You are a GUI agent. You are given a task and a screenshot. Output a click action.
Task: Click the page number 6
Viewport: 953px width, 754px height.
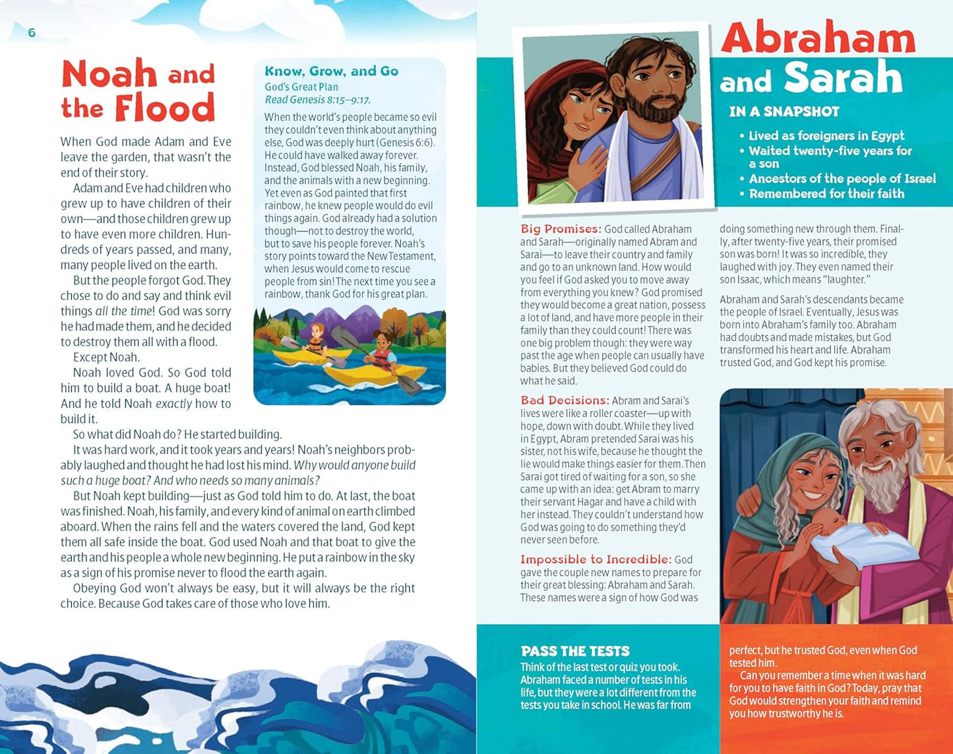(32, 33)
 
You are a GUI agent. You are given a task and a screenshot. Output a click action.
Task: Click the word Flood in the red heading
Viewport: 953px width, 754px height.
(164, 108)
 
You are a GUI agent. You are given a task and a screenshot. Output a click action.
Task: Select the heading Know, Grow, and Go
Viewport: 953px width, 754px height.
(331, 71)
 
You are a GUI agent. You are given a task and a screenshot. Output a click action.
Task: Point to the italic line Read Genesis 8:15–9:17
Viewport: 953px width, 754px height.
(317, 100)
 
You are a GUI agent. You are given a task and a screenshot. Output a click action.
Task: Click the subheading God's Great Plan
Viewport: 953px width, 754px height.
(301, 86)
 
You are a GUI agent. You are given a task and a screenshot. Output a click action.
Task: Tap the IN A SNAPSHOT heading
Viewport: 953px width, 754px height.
(784, 111)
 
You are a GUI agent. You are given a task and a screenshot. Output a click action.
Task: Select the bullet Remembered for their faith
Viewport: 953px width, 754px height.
(826, 194)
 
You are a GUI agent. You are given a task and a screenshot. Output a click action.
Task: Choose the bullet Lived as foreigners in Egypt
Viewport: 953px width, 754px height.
(826, 136)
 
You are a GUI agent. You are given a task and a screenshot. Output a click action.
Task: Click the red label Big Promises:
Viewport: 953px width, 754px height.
(561, 229)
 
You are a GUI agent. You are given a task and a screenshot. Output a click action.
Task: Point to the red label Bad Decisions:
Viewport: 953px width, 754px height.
(565, 400)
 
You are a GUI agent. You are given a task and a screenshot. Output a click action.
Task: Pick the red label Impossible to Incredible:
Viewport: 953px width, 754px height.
(596, 559)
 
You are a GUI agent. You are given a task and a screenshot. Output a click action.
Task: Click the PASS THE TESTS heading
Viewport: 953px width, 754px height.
(575, 651)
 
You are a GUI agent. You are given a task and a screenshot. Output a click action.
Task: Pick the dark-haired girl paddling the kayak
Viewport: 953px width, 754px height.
(381, 350)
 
